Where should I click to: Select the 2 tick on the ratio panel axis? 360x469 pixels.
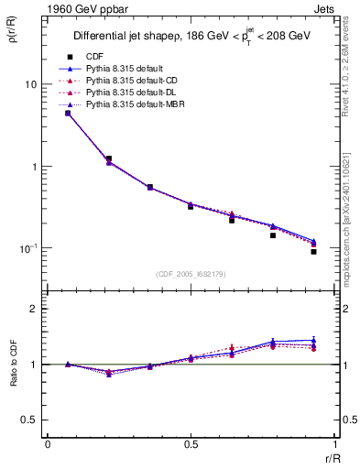pyautogui.click(x=34, y=309)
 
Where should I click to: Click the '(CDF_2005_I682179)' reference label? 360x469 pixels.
pyautogui.click(x=191, y=273)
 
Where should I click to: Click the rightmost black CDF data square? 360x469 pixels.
pyautogui.click(x=313, y=251)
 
